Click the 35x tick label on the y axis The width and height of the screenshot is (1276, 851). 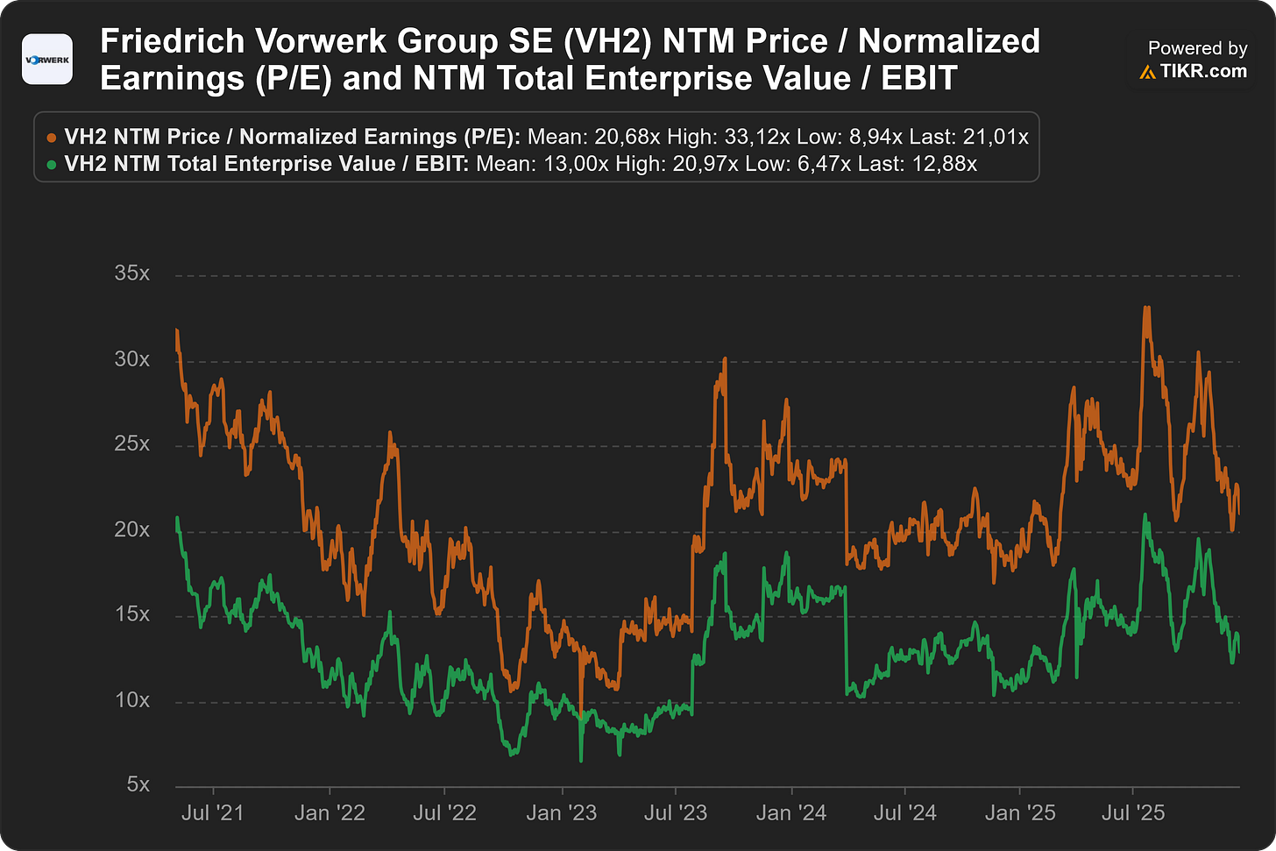coord(132,273)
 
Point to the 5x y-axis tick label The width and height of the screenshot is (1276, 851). coord(138,784)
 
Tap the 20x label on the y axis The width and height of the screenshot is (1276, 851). coord(132,529)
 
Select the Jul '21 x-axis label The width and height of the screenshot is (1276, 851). coord(212,812)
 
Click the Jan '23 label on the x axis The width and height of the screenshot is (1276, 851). coord(562,812)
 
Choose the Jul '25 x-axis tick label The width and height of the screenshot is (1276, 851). coord(1133,812)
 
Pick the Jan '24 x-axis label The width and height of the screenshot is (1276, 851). coord(791,812)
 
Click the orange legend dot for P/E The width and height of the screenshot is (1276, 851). coord(51,138)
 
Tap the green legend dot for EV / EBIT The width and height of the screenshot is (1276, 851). coord(51,165)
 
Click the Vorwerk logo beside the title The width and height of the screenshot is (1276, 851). coord(47,60)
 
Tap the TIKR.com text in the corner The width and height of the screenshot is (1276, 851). coord(1203,71)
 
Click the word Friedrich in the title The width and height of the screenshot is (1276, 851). coord(172,41)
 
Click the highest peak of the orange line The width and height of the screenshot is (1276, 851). coord(1146,308)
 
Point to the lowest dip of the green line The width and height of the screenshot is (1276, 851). coord(581,760)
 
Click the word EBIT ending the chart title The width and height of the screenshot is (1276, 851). coord(918,78)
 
